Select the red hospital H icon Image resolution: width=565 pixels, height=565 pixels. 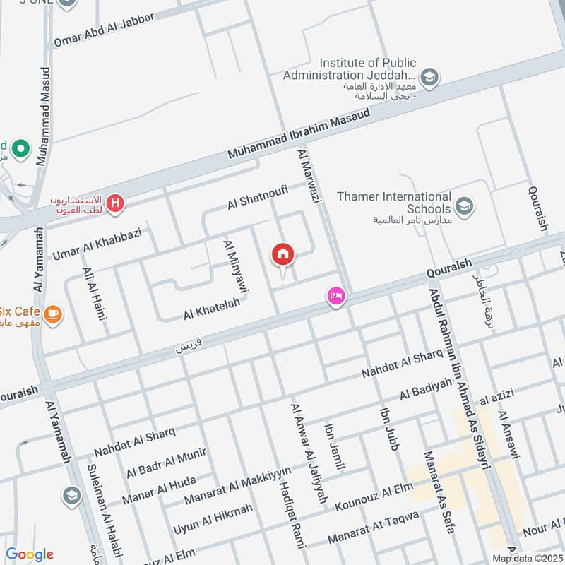coord(116,205)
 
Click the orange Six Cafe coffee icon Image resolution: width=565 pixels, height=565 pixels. coord(52,312)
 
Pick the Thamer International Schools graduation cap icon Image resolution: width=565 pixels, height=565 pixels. coord(464,206)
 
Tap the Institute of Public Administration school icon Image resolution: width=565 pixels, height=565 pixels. coord(428,76)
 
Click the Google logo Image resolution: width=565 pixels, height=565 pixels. coord(29,554)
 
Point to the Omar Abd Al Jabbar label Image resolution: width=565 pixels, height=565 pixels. coord(104,30)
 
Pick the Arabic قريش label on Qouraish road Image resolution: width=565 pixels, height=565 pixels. coord(191,347)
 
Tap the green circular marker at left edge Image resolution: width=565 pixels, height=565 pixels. coord(20,149)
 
